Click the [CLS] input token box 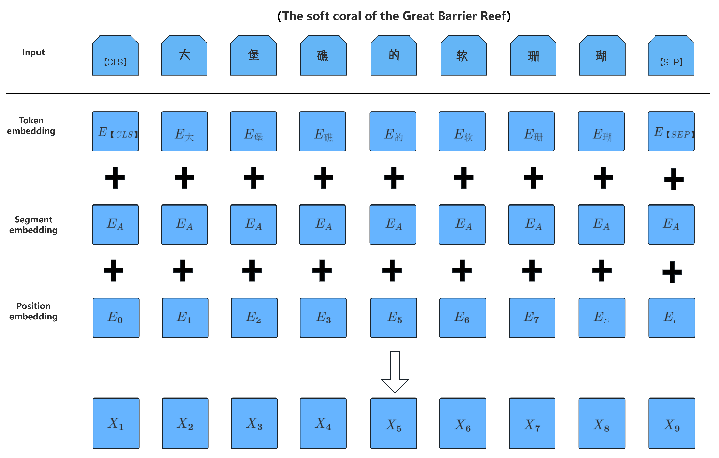115,56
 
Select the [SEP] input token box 671,56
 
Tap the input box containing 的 394,56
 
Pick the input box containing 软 464,56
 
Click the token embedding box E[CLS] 115,131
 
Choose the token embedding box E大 184,131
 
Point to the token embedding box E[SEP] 671,131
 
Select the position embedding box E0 116,318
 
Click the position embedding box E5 394,318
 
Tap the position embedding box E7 532,318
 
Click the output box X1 116,423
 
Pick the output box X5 394,423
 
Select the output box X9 672,423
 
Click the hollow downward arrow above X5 395,372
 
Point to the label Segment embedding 33,225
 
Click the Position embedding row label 33,311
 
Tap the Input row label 33,52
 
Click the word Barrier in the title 452,16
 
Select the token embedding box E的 393,131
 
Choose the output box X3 254,423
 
